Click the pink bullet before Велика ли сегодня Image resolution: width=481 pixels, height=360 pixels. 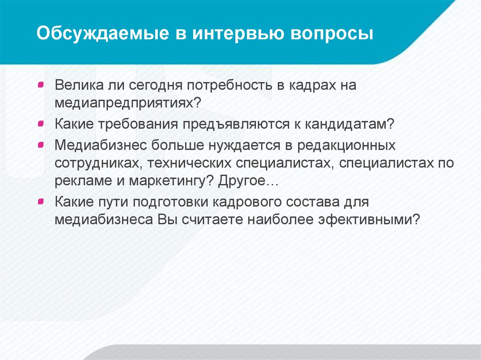tap(41, 84)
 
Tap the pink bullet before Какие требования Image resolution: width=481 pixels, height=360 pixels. tap(41, 123)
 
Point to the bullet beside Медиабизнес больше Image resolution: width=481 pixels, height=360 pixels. tap(41, 145)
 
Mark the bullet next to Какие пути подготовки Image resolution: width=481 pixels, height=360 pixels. tap(41, 201)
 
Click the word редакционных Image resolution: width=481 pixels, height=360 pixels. tap(346, 146)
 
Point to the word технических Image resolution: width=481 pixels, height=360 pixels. tap(189, 163)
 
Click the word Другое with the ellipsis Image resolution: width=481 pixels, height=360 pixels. tap(248, 181)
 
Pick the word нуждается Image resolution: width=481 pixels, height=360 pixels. tap(244, 146)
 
